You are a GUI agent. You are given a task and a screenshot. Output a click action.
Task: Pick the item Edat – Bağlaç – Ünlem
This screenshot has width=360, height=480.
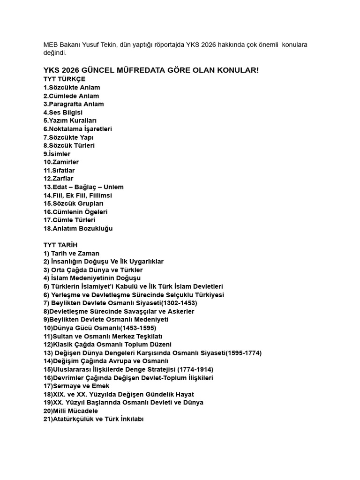pyautogui.click(x=83, y=187)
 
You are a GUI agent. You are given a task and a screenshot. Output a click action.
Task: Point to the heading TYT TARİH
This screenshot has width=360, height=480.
pyautogui.click(x=60, y=245)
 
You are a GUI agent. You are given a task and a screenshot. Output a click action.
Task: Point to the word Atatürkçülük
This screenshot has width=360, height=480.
pyautogui.click(x=74, y=420)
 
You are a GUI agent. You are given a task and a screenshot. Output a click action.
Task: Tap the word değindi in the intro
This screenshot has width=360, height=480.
pyautogui.click(x=54, y=53)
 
